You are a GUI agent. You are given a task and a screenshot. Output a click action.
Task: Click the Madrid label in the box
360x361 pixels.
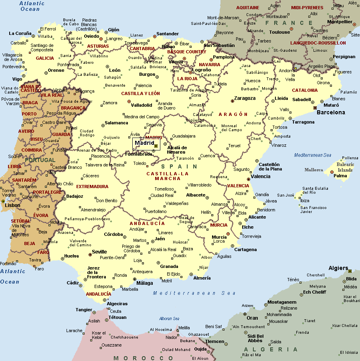(x=144, y=143)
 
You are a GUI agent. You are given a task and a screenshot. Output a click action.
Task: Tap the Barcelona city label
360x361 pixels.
(x=331, y=112)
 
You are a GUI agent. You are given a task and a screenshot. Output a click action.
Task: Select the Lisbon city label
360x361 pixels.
(x=12, y=205)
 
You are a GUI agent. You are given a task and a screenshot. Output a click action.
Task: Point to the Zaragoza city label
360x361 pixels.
(x=245, y=98)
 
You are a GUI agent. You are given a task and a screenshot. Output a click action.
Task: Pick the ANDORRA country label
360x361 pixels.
(x=287, y=71)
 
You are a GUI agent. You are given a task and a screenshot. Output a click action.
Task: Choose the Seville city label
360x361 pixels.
(x=99, y=252)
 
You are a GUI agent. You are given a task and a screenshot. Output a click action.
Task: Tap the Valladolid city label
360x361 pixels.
(x=142, y=105)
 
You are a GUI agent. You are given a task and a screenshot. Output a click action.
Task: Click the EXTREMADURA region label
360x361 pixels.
(x=92, y=187)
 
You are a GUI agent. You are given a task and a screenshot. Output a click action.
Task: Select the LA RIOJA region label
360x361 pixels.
(x=187, y=79)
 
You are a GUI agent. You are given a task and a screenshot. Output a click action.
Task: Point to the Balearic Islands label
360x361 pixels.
(x=345, y=167)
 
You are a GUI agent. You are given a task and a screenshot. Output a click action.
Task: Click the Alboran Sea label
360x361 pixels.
(x=169, y=318)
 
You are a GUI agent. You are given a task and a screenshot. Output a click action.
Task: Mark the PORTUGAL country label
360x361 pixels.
(x=40, y=160)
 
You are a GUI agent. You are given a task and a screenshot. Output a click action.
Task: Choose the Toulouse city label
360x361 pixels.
(x=279, y=32)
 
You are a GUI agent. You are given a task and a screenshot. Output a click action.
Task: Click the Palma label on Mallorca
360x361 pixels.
(x=340, y=176)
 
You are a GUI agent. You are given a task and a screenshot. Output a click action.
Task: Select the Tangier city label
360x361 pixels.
(x=84, y=310)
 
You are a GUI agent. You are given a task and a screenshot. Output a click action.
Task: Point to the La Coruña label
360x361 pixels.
(x=20, y=33)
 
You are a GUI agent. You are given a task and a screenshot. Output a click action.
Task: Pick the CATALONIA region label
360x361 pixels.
(x=305, y=90)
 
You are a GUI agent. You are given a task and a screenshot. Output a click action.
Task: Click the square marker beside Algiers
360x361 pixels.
(x=350, y=271)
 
